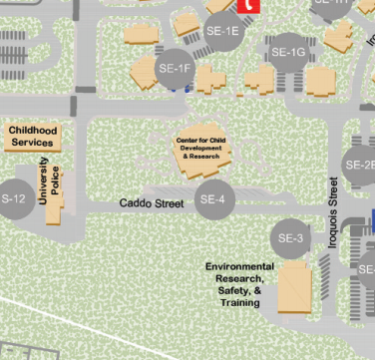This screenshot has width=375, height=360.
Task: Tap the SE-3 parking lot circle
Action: click(x=290, y=238)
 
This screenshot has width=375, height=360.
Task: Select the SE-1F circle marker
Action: click(x=175, y=68)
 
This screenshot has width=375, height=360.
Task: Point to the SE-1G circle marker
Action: click(x=288, y=52)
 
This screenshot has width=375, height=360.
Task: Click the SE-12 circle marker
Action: click(x=12, y=198)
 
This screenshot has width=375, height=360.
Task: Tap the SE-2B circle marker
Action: click(x=361, y=165)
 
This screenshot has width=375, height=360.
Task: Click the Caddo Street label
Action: click(x=152, y=203)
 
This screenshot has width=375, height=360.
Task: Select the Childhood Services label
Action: click(x=32, y=137)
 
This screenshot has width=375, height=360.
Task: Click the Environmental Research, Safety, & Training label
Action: click(x=240, y=284)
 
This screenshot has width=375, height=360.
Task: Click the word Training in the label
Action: click(x=240, y=302)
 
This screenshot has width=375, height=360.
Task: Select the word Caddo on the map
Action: click(x=136, y=203)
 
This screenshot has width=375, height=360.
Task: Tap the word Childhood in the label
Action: click(x=32, y=131)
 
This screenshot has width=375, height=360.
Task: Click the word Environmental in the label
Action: click(x=239, y=267)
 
